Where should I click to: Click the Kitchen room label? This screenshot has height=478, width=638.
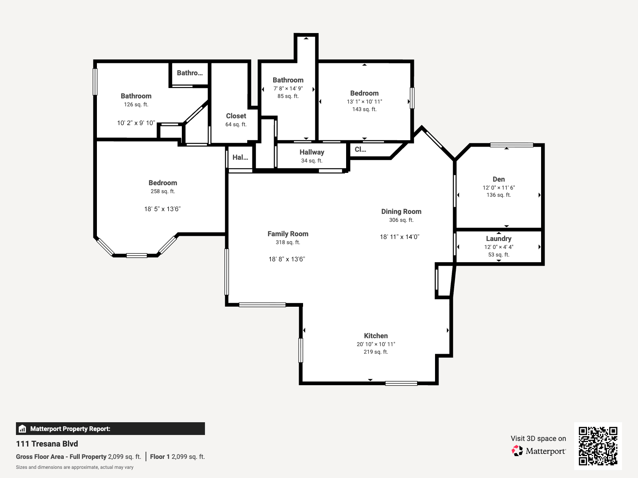[376, 336]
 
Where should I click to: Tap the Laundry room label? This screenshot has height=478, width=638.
[498, 239]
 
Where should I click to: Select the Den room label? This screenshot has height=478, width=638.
[498, 179]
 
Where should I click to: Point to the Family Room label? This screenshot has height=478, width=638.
[288, 234]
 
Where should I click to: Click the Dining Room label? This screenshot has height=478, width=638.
[401, 212]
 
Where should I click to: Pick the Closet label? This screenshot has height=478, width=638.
[236, 116]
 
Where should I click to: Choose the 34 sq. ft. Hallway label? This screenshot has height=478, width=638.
[312, 152]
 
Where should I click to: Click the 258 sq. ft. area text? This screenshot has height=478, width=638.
[163, 191]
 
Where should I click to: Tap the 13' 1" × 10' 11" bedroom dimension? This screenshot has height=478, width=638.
[364, 102]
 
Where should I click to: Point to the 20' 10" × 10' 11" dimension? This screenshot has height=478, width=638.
[376, 344]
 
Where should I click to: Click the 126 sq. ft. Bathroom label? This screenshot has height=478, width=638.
[136, 96]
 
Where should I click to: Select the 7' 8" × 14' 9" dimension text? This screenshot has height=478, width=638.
[288, 88]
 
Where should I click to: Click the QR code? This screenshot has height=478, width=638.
[598, 446]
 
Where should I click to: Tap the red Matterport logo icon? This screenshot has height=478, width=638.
[517, 451]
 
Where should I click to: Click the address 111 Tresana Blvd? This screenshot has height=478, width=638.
[47, 444]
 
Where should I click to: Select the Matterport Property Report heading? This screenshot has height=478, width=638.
[70, 429]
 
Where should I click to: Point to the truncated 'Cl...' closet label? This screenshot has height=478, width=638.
[360, 149]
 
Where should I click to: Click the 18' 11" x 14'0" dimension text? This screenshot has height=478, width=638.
[400, 237]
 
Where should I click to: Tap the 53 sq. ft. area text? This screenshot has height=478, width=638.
[498, 255]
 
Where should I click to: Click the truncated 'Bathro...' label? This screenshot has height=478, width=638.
[190, 73]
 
